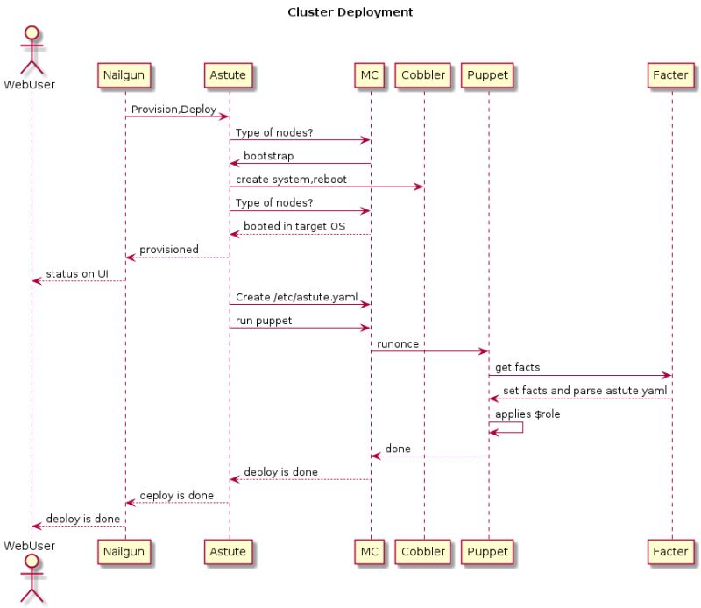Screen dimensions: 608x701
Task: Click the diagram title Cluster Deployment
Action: pyautogui.click(x=350, y=12)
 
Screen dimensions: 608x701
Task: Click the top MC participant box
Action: pyautogui.click(x=370, y=75)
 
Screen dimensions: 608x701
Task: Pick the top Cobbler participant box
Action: pyautogui.click(x=423, y=75)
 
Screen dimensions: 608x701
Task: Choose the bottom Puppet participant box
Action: pyautogui.click(x=487, y=551)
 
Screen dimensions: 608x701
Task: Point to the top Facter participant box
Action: pyautogui.click(x=670, y=75)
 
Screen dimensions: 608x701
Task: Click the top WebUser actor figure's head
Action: pyautogui.click(x=32, y=35)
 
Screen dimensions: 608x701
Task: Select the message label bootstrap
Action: pyautogui.click(x=268, y=156)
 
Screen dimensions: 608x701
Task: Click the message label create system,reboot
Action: pyautogui.click(x=291, y=180)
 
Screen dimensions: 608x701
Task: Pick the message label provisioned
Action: pyautogui.click(x=169, y=251)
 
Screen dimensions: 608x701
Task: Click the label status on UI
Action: pyautogui.click(x=77, y=273)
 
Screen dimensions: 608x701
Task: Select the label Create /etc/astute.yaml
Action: pyautogui.click(x=296, y=297)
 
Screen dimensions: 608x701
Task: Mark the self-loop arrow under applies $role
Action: pyautogui.click(x=507, y=427)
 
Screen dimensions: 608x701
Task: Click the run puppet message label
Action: pyautogui.click(x=264, y=321)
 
